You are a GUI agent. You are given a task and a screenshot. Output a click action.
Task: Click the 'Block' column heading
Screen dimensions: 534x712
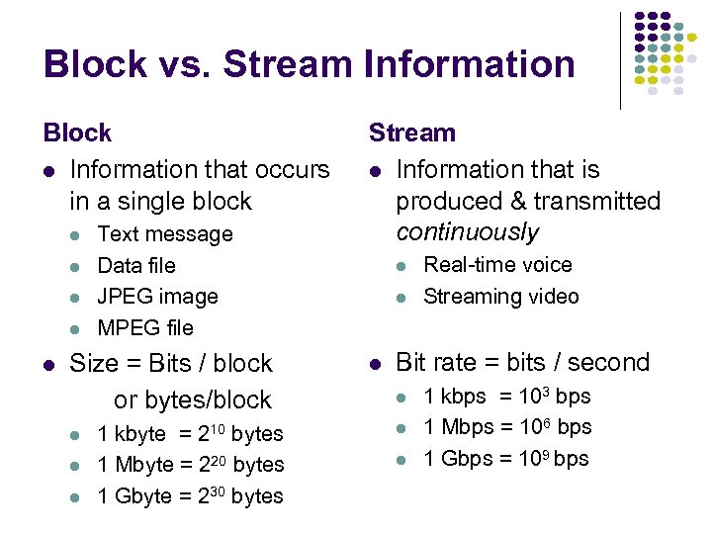pyautogui.click(x=77, y=133)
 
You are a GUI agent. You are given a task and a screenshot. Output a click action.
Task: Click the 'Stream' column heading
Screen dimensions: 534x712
pyautogui.click(x=412, y=133)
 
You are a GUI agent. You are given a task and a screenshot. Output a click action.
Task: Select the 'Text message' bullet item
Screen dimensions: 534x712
pyautogui.click(x=165, y=234)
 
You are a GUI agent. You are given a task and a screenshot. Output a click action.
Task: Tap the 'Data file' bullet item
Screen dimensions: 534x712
pyautogui.click(x=136, y=265)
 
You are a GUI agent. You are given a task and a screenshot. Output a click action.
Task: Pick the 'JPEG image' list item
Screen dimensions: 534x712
pyautogui.click(x=157, y=296)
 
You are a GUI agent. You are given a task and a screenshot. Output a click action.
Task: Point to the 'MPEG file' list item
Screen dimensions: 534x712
pyautogui.click(x=145, y=327)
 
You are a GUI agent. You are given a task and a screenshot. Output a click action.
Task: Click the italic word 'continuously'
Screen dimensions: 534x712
pyautogui.click(x=467, y=232)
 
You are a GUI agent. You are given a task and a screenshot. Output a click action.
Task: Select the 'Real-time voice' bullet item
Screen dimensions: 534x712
pyautogui.click(x=497, y=265)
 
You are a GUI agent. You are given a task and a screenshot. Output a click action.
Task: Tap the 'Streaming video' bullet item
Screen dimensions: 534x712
pyautogui.click(x=500, y=297)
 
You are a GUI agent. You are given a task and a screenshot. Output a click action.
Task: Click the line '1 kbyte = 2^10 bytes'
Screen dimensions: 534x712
pyautogui.click(x=190, y=434)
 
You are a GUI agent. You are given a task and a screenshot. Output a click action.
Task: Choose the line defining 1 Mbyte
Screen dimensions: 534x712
pyautogui.click(x=190, y=465)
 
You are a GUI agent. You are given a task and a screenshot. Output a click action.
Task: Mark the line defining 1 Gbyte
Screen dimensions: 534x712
pyautogui.click(x=190, y=496)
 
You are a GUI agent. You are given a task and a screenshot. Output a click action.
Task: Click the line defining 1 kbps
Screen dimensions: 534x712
pyautogui.click(x=506, y=397)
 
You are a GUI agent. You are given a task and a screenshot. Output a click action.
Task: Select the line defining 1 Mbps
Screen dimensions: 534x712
pyautogui.click(x=507, y=427)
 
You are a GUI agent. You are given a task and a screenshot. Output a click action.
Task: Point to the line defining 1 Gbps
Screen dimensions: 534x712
pyautogui.click(x=505, y=459)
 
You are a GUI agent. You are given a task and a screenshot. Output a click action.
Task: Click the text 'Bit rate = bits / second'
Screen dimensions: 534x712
pyautogui.click(x=522, y=363)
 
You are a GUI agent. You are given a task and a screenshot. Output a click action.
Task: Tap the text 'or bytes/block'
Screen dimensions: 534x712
pyautogui.click(x=192, y=400)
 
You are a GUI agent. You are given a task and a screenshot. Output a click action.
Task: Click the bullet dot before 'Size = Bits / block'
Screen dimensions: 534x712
pyautogui.click(x=48, y=365)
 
